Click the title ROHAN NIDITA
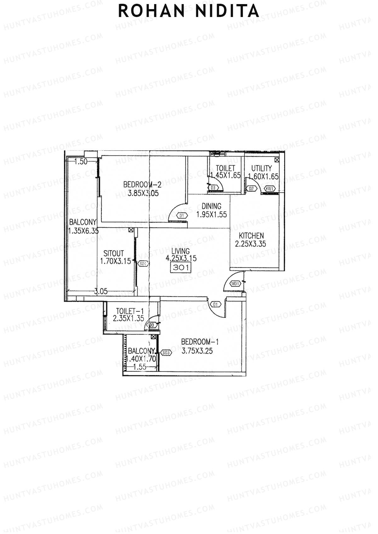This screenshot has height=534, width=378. [x=189, y=11]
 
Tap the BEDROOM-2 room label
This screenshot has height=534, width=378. [x=142, y=184]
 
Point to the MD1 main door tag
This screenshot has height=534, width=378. [x=235, y=284]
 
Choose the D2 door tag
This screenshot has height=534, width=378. [x=251, y=188]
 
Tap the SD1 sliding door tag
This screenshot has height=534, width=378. [x=143, y=264]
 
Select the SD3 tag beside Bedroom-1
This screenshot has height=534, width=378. [x=166, y=353]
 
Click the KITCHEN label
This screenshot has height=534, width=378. [x=251, y=236]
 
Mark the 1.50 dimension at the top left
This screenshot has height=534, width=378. [x=81, y=162]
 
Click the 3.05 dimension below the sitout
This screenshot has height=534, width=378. [x=101, y=292]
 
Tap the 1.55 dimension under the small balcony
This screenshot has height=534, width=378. [x=140, y=367]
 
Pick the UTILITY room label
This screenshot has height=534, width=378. [x=261, y=168]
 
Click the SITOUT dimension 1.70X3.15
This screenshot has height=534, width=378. [x=115, y=261]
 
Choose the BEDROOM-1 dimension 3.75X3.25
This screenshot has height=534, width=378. [x=197, y=351]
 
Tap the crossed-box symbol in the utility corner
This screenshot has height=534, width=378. [x=277, y=160]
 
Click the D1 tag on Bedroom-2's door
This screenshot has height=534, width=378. [x=182, y=216]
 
